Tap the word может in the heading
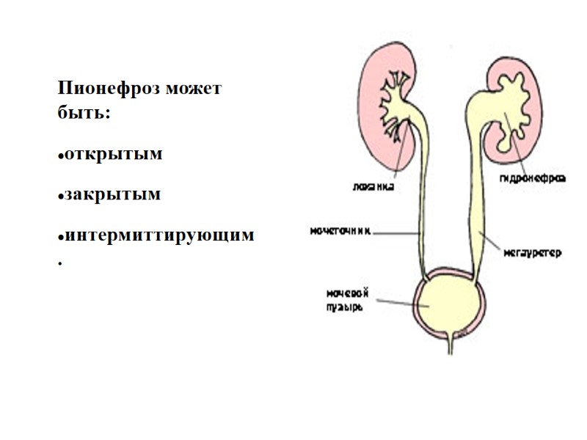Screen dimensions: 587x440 click(194, 89)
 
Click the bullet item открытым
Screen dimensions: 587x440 click(112, 155)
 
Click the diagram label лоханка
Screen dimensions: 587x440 click(370, 186)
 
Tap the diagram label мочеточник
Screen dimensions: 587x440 click(339, 230)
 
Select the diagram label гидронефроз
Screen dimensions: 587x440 click(533, 178)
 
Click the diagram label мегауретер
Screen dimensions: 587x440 click(532, 253)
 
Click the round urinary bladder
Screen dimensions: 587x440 click(447, 304)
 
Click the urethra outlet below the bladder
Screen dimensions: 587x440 click(450, 343)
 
